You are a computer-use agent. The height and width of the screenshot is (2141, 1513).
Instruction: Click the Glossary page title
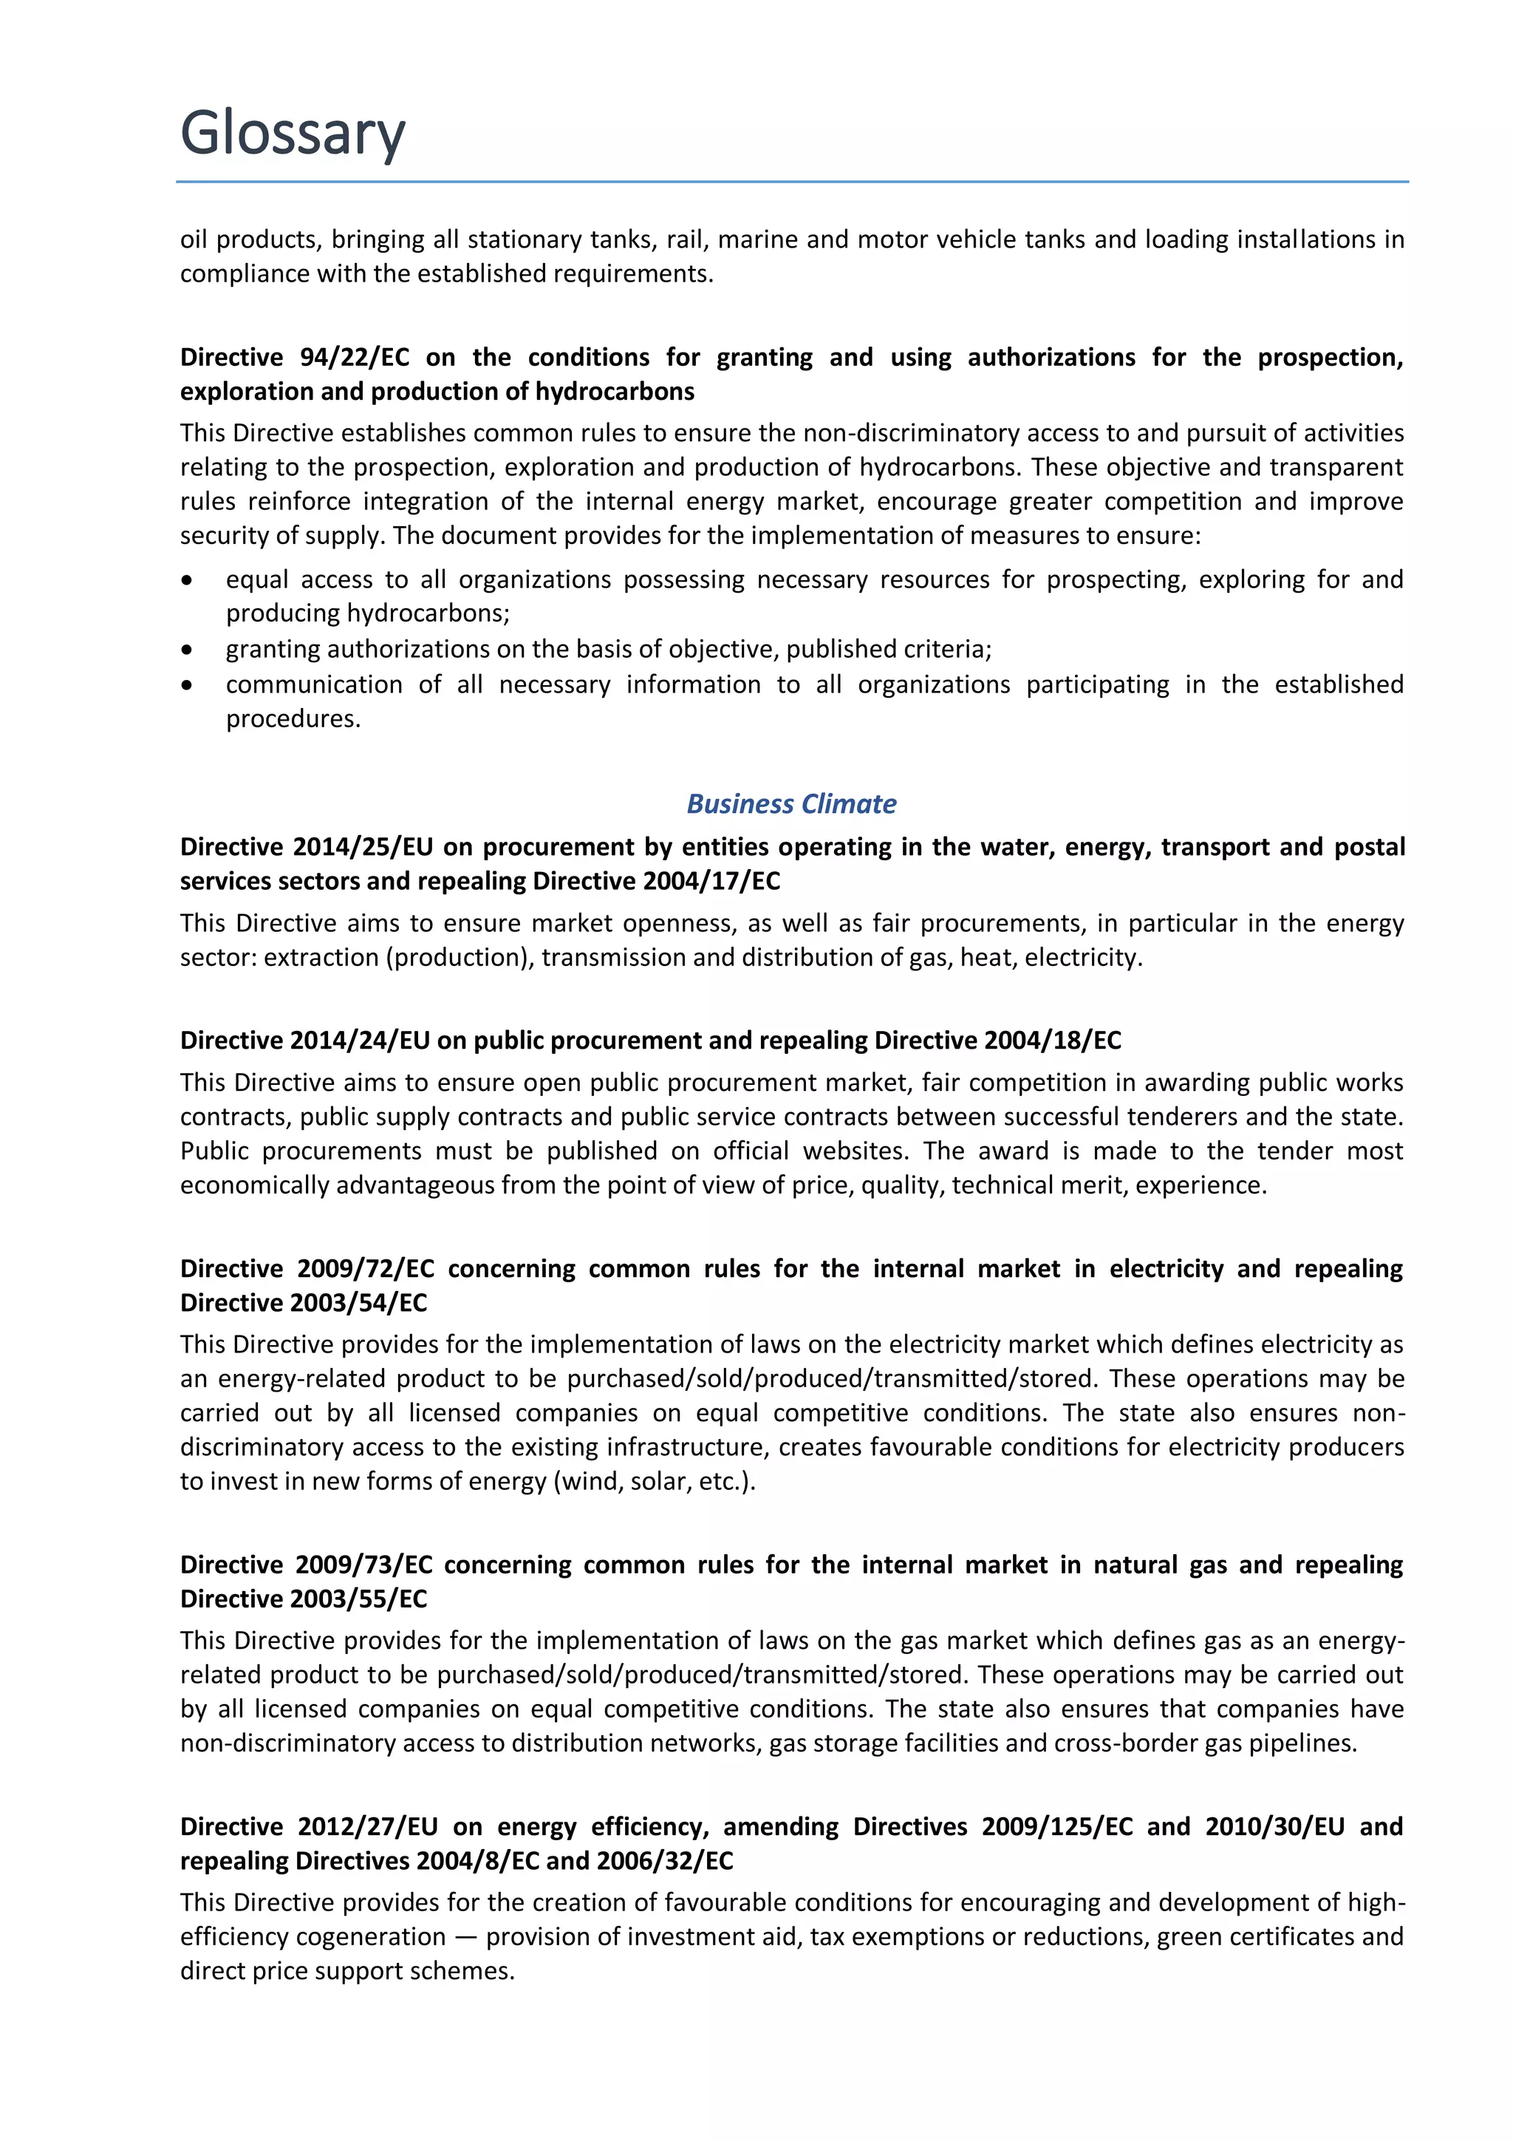pyautogui.click(x=293, y=132)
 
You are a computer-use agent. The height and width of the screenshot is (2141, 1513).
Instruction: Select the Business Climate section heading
pyautogui.click(x=790, y=804)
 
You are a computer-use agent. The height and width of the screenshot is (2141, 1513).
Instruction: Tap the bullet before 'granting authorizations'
pyautogui.click(x=188, y=650)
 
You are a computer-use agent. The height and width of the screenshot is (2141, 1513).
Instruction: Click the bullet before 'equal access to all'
pyautogui.click(x=188, y=581)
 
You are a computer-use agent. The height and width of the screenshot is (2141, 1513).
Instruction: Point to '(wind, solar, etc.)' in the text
pyautogui.click(x=654, y=1482)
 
